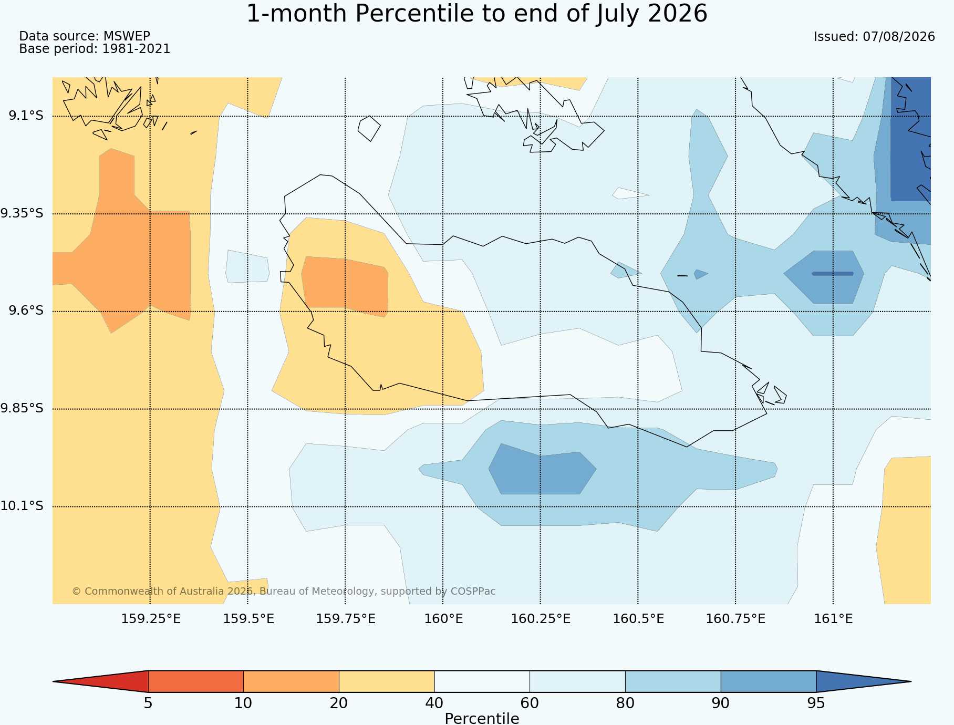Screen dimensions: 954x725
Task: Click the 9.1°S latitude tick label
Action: coord(26,116)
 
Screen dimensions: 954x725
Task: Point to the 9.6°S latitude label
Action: coord(26,310)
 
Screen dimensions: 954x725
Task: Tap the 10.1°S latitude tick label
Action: coord(22,506)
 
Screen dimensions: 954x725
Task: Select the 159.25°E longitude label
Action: coord(151,618)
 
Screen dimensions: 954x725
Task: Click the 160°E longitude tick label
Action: coord(443,618)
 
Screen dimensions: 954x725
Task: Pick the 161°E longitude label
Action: coord(833,618)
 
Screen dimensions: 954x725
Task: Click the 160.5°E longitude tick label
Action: coord(638,618)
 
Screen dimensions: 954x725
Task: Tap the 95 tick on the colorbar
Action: coord(816,703)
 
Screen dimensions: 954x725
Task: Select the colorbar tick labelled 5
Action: coord(148,703)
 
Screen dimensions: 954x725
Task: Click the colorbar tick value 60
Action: coord(530,703)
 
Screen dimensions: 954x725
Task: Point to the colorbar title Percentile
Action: coord(482,718)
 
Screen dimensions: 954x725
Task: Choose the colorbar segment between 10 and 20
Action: coord(291,681)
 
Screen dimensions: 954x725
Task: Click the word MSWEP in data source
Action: coord(127,36)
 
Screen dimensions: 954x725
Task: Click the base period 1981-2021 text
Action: coord(136,49)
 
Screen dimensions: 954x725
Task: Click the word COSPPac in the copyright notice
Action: coord(473,591)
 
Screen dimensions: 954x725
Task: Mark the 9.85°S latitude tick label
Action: coord(22,408)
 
